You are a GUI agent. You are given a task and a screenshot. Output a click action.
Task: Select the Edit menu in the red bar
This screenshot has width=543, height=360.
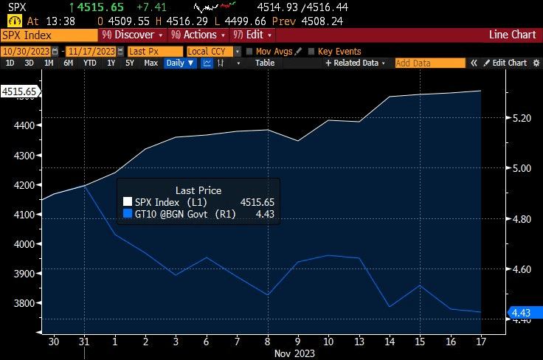[252, 35]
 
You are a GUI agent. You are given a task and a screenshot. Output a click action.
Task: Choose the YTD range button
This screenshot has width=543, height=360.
[89, 63]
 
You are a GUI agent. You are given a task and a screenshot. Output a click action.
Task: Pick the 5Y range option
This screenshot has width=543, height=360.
[129, 63]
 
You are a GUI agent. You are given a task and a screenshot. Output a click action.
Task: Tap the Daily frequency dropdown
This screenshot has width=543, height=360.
[180, 63]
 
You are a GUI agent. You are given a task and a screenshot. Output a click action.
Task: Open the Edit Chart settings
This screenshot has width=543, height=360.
[505, 63]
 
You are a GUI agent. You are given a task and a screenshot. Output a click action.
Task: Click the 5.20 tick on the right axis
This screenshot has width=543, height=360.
[522, 117]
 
